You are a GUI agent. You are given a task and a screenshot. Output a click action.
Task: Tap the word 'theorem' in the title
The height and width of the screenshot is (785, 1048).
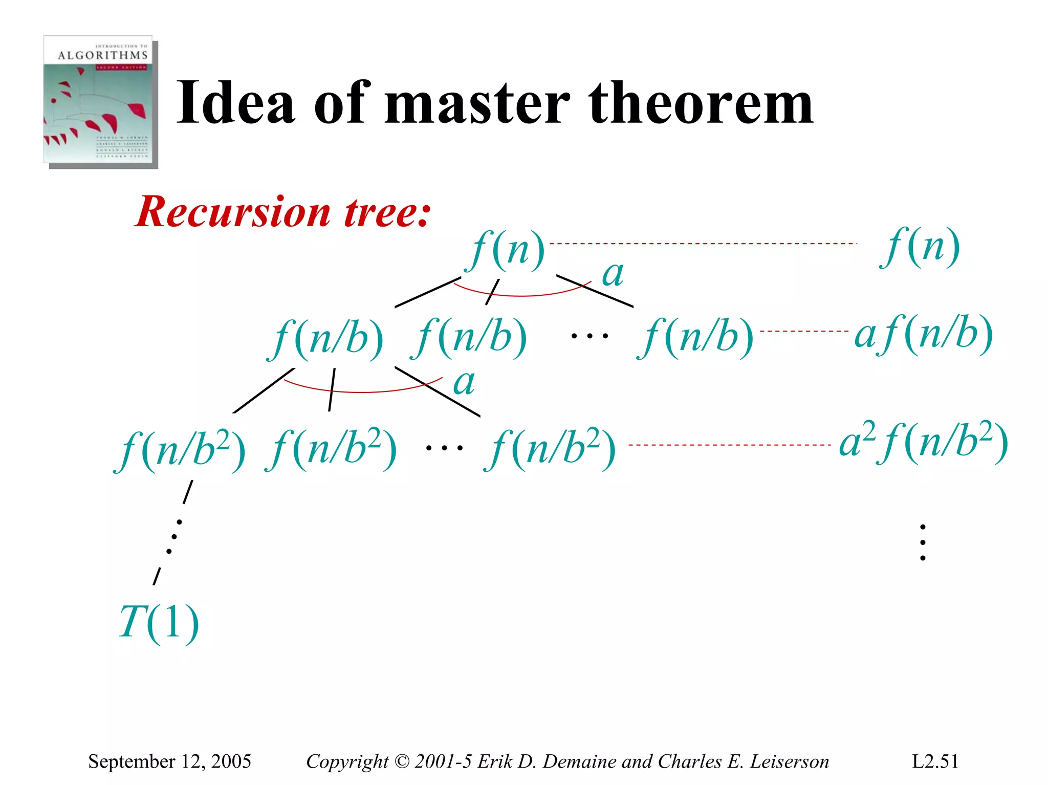(x=701, y=104)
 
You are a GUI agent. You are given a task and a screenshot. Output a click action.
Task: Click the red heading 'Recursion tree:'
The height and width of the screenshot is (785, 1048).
(x=283, y=212)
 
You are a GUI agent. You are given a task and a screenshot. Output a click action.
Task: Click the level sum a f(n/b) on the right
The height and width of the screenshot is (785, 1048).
(x=924, y=335)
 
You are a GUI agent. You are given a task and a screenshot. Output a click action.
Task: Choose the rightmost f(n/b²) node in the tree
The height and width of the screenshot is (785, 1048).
(x=550, y=450)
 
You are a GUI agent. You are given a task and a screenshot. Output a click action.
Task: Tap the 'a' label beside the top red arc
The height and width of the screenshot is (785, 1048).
(x=613, y=274)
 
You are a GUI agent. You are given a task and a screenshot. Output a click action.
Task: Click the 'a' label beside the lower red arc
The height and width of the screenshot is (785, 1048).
(x=464, y=383)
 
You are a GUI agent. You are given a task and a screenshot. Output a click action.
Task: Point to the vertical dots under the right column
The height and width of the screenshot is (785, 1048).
(x=923, y=542)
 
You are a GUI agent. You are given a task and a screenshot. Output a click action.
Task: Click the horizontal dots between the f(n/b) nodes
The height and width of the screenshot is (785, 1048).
(x=589, y=337)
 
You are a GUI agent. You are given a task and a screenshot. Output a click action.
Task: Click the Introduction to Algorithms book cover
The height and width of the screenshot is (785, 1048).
(x=100, y=101)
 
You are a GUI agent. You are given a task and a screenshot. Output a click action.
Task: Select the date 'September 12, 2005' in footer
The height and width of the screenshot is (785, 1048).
(x=169, y=761)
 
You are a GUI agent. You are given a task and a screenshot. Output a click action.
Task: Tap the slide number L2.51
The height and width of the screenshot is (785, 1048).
(x=935, y=761)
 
